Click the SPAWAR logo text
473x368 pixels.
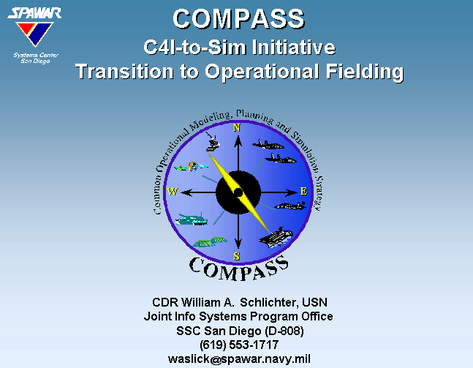[34, 13]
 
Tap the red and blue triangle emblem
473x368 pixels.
[34, 34]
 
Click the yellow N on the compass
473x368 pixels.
[237, 128]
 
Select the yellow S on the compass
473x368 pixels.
[237, 256]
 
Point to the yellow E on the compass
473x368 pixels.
[303, 191]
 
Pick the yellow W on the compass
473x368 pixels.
[173, 192]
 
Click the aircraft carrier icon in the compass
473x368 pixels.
[276, 237]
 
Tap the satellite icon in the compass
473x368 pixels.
[192, 167]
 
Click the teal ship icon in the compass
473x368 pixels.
[192, 219]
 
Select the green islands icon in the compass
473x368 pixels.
[210, 241]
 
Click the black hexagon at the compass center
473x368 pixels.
[238, 192]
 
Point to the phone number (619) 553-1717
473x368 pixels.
[239, 345]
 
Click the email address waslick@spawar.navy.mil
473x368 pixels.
[239, 359]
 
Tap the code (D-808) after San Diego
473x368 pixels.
[284, 331]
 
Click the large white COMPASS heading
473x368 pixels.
[238, 19]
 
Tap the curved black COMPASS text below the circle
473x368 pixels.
[238, 268]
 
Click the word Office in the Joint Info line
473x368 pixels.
[317, 316]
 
